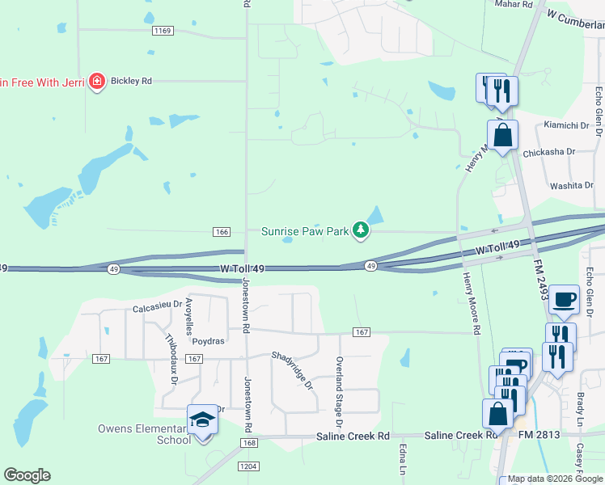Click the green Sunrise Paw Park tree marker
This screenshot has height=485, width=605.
pos(361,232)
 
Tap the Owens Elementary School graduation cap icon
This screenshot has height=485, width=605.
pos(201,420)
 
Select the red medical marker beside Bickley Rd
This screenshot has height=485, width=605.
pos(97,81)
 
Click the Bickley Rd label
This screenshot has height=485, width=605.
pos(133,82)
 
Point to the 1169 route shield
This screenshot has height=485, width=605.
pos(162,31)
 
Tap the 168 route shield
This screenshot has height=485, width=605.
pos(248,443)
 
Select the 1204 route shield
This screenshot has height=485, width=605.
pos(247,466)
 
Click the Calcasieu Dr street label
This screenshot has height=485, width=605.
pos(155,308)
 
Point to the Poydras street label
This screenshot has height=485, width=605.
pos(208,341)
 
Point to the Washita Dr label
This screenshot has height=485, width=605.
pos(572,185)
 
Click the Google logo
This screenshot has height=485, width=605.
pos(27,475)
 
